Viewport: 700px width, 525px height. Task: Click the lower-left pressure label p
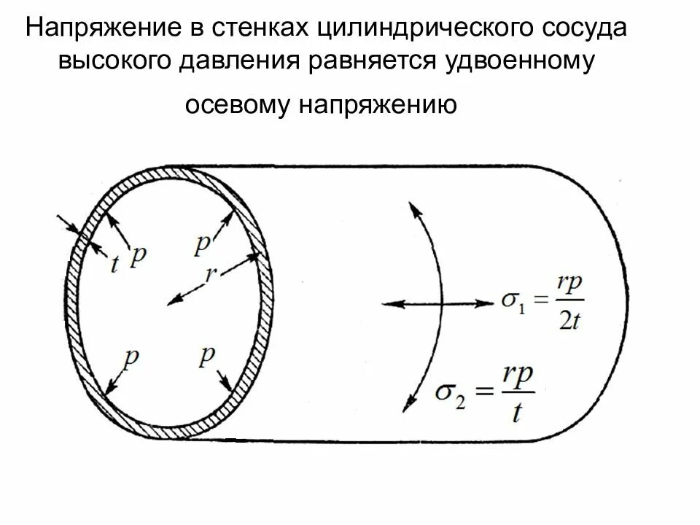tap(131, 358)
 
